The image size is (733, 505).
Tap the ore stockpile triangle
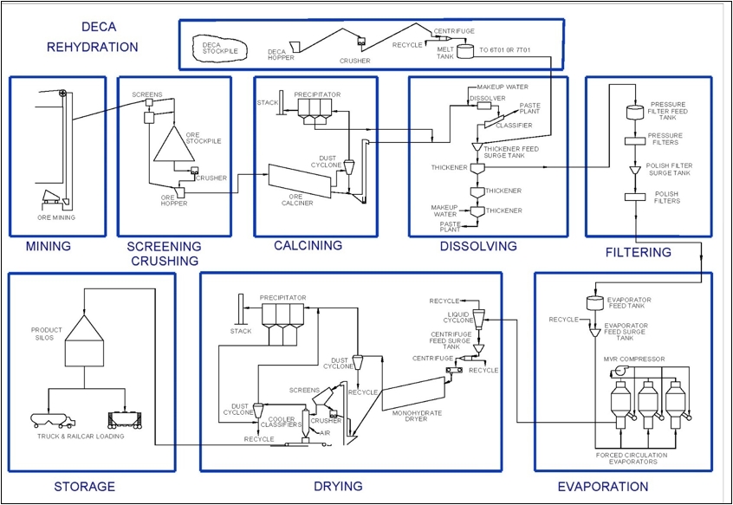click(x=174, y=144)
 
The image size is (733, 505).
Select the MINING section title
click(x=49, y=246)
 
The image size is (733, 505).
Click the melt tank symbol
click(x=465, y=51)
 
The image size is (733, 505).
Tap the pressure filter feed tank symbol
click(x=635, y=112)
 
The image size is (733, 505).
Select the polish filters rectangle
click(x=635, y=197)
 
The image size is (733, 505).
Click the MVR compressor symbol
click(x=619, y=371)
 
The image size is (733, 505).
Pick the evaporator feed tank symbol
click(x=595, y=302)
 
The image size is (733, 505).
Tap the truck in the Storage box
click(x=53, y=420)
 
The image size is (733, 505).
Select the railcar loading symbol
click(x=125, y=420)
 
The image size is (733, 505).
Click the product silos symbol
click(x=84, y=340)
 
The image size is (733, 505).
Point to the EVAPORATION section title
click(x=603, y=487)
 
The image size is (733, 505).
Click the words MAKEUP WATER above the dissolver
click(x=503, y=87)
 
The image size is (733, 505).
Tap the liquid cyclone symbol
click(x=479, y=319)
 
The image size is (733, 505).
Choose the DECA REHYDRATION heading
click(x=93, y=37)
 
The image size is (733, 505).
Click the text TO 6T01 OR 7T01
click(x=505, y=49)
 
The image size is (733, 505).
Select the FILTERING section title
click(x=638, y=253)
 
